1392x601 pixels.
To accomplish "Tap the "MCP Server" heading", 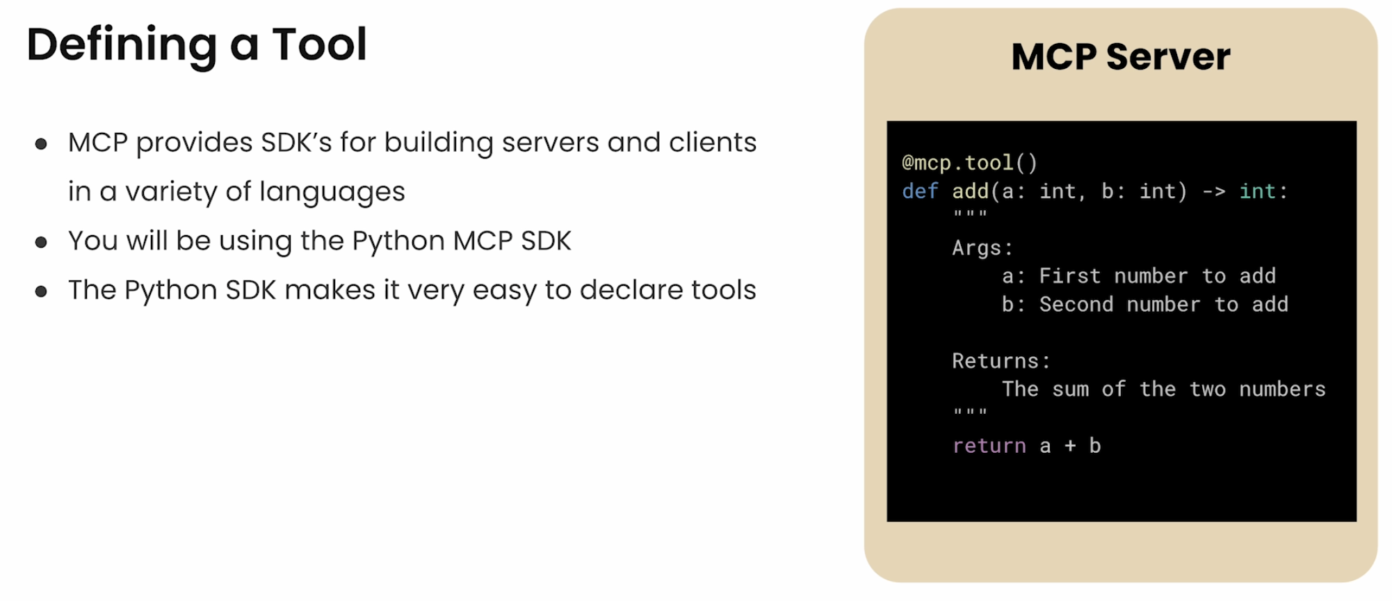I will [1120, 57].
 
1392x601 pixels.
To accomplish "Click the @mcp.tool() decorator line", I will [969, 163].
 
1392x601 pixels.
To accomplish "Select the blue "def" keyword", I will [920, 191].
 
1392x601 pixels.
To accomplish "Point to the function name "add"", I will [970, 191].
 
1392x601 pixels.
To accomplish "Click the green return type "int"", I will [1257, 191].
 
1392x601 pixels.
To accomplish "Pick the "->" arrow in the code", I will [1213, 191].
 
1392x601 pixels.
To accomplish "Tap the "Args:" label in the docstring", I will [982, 248].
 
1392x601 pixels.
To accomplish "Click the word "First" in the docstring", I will [1069, 276].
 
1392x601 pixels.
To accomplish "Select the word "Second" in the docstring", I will [1076, 305].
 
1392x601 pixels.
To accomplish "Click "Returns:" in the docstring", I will [1001, 361].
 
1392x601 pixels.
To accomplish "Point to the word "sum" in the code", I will [1070, 390].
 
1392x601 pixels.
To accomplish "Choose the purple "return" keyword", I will [989, 446].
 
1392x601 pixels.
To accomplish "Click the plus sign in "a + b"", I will [1070, 446].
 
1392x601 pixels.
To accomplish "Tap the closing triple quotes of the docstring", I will [970, 412].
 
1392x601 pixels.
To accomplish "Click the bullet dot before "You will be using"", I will [41, 242].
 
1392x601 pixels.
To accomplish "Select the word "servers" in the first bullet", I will [549, 143].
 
